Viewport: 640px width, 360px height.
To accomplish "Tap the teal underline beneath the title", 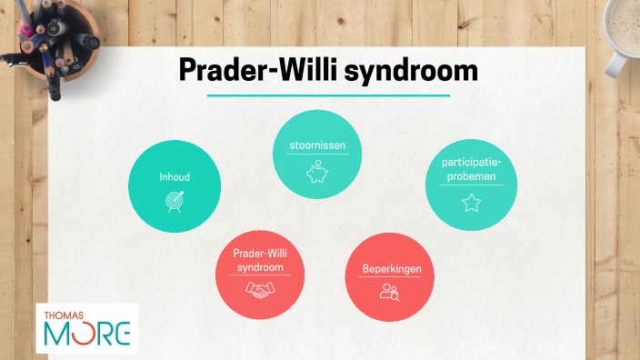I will pos(328,95).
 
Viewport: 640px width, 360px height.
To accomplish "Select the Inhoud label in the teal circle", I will pos(175,176).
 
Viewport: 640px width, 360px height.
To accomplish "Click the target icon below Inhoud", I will pos(175,201).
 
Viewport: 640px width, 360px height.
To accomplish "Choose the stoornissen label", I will pos(317,145).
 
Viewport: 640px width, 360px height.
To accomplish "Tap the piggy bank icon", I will pos(317,172).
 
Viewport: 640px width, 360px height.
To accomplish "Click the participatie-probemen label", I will pos(470,169).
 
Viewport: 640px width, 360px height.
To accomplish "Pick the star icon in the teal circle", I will pos(471,203).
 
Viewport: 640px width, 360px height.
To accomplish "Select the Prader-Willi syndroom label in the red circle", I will pos(261,262).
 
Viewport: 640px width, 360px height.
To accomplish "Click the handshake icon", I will pos(261,290).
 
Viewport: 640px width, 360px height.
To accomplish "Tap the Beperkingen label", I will pos(391,268).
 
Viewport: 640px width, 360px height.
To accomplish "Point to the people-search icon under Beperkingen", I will pos(391,292).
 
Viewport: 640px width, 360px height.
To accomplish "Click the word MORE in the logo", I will pos(87,335).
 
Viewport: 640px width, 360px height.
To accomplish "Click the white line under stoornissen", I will pos(317,155).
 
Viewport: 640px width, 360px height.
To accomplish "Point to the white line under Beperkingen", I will pos(391,278).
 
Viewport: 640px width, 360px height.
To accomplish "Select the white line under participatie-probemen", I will pos(471,185).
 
